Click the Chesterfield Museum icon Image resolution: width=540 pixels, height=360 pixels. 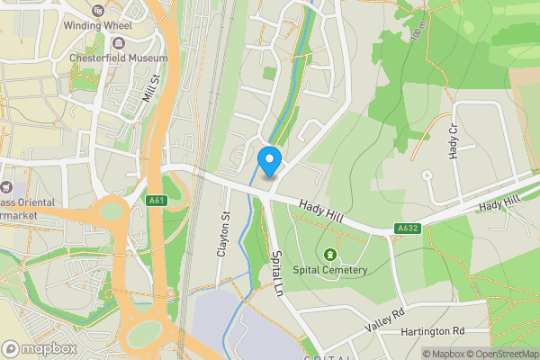click(119, 43)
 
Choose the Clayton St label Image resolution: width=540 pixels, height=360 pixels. click(224, 236)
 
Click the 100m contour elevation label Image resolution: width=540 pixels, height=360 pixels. click(416, 33)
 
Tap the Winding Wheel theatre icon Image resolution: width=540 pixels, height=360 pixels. click(97, 10)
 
